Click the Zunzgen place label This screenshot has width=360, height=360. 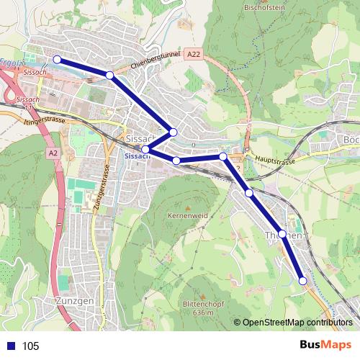73,301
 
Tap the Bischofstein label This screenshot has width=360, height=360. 265,8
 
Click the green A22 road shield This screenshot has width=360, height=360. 192,55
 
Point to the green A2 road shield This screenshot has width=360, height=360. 53,153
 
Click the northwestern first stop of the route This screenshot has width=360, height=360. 57,60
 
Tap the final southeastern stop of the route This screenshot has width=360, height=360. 303,281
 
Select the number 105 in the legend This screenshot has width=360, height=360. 31,346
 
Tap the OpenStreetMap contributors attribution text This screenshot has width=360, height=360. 295,322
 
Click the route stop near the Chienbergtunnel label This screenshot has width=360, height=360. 109,75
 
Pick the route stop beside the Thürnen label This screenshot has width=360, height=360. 282,234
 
